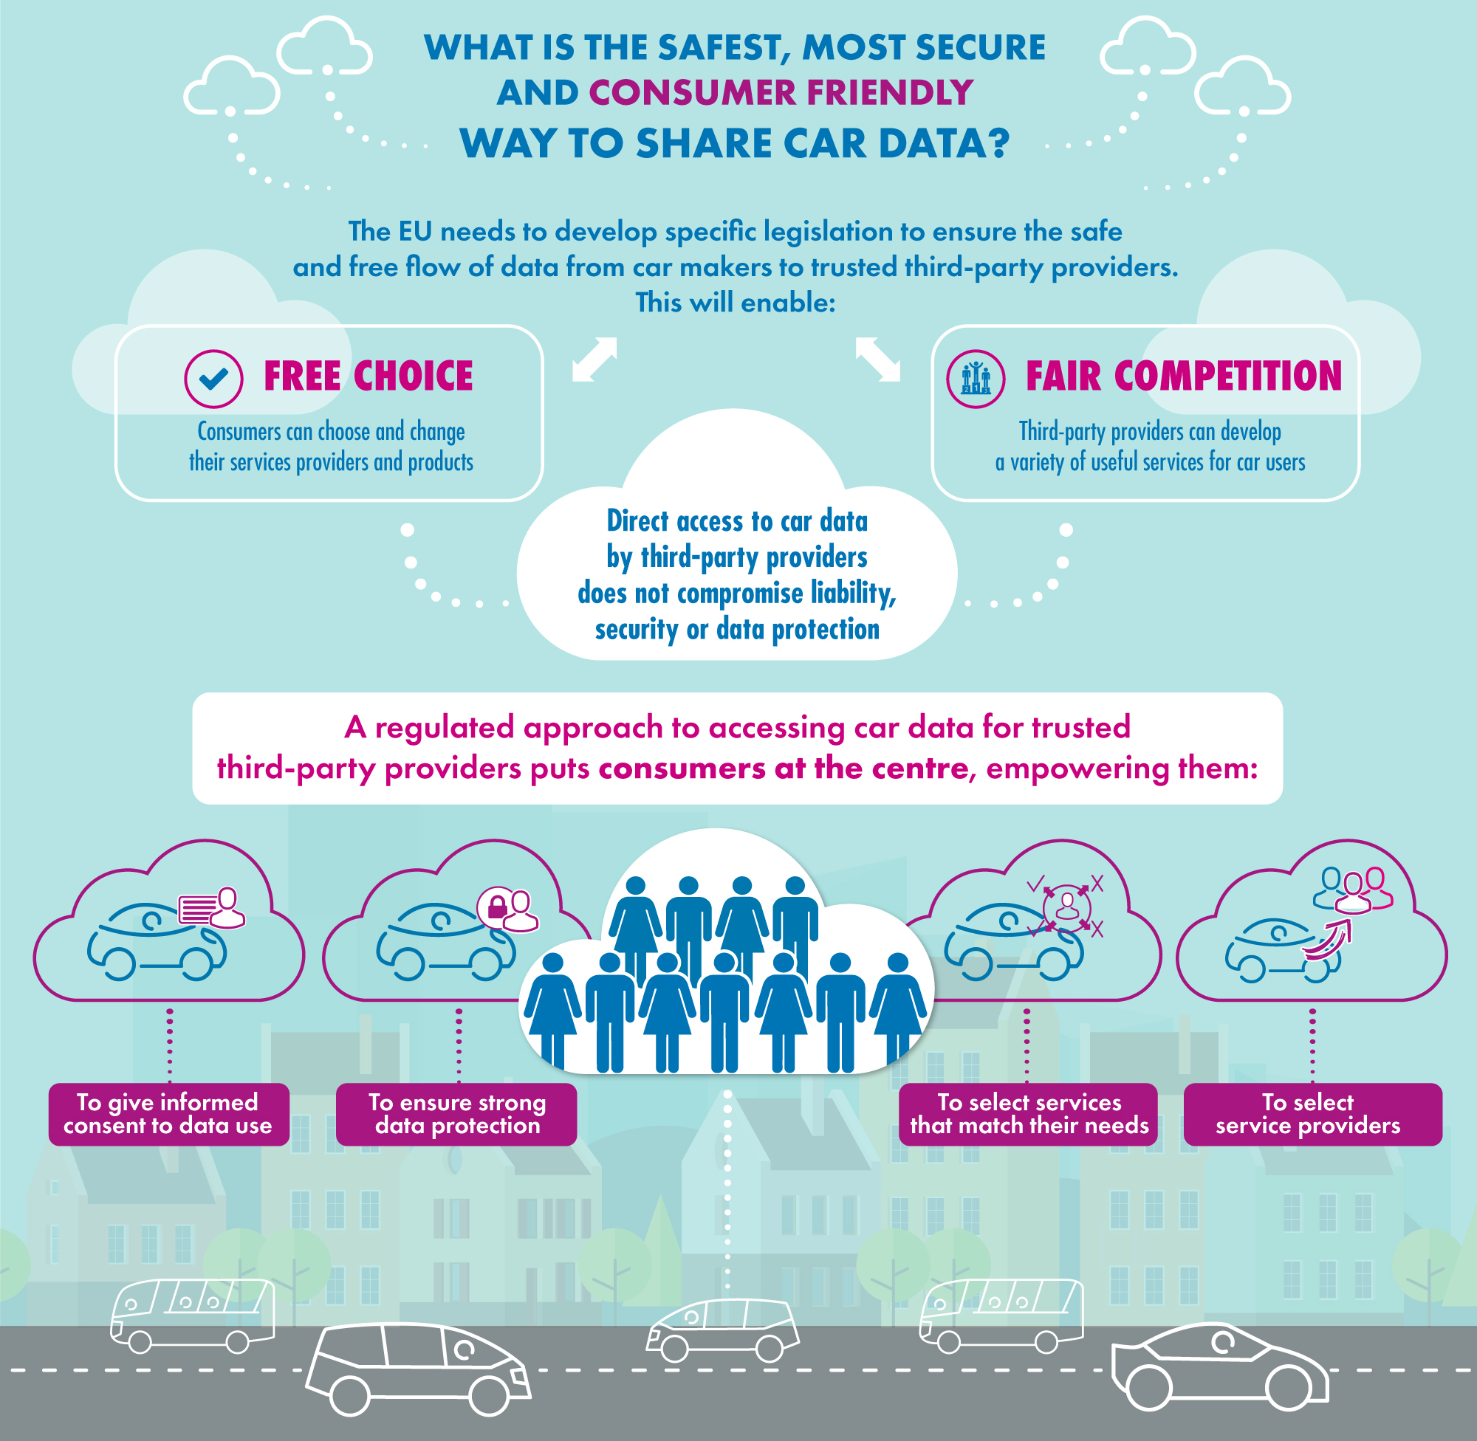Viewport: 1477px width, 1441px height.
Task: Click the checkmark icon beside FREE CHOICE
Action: [x=213, y=379]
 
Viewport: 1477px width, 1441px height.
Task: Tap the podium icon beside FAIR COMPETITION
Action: [x=976, y=379]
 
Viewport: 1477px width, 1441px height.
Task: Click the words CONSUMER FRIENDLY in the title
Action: [x=781, y=93]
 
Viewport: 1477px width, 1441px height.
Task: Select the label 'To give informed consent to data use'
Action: [x=169, y=1114]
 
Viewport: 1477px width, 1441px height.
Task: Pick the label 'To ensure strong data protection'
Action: [x=456, y=1114]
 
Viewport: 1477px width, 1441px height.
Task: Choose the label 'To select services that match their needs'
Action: [x=1028, y=1114]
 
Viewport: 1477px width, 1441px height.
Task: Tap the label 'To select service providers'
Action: [x=1313, y=1114]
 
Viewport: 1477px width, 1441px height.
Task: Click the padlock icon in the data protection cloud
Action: [x=496, y=906]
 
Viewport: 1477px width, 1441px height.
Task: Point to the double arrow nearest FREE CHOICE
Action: [x=595, y=359]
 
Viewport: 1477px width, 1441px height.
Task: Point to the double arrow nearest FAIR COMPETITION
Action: [x=878, y=359]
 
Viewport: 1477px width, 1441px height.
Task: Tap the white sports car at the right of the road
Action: [x=1219, y=1367]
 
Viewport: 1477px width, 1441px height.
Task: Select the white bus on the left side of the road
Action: [x=193, y=1316]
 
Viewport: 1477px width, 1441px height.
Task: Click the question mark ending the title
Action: [x=998, y=143]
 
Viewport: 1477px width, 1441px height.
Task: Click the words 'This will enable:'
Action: [x=735, y=302]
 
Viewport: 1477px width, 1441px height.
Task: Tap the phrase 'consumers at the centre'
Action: [x=784, y=768]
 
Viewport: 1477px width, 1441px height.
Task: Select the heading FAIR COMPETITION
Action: [x=1183, y=376]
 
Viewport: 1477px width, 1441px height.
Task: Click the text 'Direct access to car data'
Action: [x=737, y=520]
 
